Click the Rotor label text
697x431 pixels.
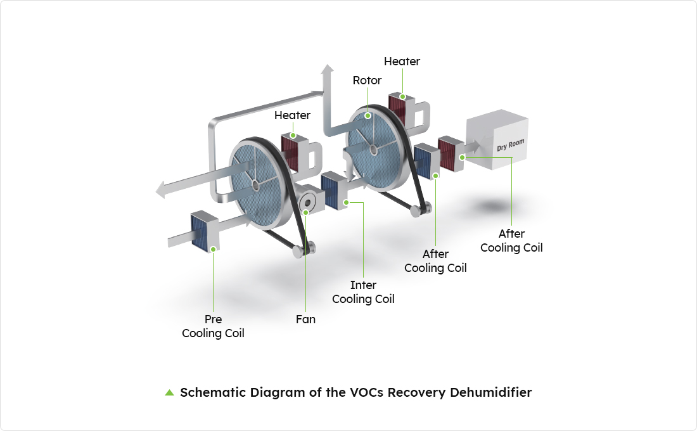[x=367, y=80]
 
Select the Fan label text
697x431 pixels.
[x=305, y=319]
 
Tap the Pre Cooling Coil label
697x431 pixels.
[x=213, y=326]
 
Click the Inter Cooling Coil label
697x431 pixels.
[x=363, y=292]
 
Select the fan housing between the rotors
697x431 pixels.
[x=307, y=200]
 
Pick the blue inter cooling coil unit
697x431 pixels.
[x=332, y=190]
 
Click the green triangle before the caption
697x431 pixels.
[x=169, y=392]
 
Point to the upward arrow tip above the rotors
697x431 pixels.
[x=327, y=68]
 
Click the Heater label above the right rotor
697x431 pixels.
[x=402, y=61]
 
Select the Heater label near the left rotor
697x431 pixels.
[x=292, y=115]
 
